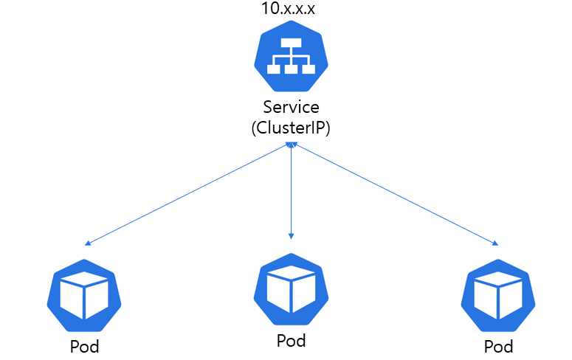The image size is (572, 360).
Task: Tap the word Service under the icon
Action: pyautogui.click(x=291, y=108)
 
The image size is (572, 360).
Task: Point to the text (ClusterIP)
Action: pyautogui.click(x=291, y=128)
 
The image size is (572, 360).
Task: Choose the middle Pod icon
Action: pyautogui.click(x=291, y=289)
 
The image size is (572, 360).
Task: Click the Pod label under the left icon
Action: pyautogui.click(x=83, y=346)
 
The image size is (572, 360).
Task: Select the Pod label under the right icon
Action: pyautogui.click(x=498, y=346)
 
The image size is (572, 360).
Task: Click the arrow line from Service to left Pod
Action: pyautogui.click(x=188, y=194)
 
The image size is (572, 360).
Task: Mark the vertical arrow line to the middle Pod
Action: pyautogui.click(x=292, y=192)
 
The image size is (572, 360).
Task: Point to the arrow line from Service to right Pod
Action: pyautogui.click(x=395, y=194)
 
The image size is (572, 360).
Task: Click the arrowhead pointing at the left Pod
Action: pyautogui.click(x=88, y=243)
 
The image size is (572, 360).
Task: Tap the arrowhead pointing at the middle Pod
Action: pyautogui.click(x=292, y=235)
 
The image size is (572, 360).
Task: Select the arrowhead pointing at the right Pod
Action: pyautogui.click(x=495, y=243)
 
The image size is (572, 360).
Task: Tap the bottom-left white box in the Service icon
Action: pyautogui.click(x=274, y=69)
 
